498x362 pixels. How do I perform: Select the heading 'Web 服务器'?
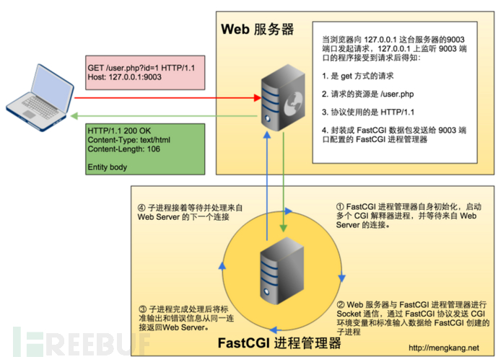coord(257,30)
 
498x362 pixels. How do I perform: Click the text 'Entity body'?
coord(107,167)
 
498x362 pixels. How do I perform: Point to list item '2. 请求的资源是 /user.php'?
coord(368,95)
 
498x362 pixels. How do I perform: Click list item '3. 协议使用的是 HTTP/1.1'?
coord(368,112)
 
